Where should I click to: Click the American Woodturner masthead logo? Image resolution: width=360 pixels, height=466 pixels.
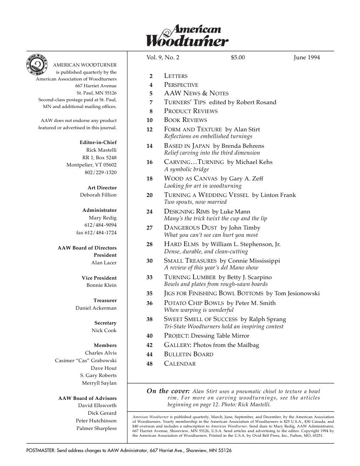pos(187,35)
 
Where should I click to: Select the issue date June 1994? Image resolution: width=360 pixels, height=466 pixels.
pos(307,58)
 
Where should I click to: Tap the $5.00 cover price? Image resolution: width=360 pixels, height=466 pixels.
pos(238,58)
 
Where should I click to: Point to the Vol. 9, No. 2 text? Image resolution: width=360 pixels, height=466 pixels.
pos(163,58)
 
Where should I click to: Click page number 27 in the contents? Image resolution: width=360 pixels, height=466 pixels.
pos(149,228)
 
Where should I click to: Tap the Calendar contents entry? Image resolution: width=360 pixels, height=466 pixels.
pos(180,363)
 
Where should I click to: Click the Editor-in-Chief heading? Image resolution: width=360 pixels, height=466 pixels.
pos(98,142)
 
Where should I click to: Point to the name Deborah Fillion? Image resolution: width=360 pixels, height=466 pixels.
pos(98,195)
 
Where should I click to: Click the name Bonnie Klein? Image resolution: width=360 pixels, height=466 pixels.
pos(101,285)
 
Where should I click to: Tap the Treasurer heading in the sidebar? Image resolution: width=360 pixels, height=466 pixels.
pos(105,300)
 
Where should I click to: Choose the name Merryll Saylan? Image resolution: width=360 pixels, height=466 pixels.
pos(99,383)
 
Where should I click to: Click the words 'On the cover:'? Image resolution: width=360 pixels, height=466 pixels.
pos(168,391)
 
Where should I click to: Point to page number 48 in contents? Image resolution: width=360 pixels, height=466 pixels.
pos(149,363)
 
